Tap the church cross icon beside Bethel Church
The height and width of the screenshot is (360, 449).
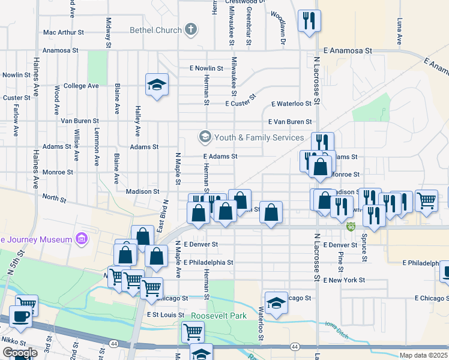[191, 29]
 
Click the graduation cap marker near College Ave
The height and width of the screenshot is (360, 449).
[157, 85]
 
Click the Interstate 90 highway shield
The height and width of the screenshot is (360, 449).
[351, 227]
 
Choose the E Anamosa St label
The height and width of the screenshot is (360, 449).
[348, 52]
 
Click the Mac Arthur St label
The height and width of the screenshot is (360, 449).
[65, 32]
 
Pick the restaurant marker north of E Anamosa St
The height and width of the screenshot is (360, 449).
[310, 22]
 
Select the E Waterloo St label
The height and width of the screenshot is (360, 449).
[292, 104]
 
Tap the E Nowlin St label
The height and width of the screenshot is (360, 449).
[206, 68]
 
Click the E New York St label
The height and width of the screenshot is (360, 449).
[344, 280]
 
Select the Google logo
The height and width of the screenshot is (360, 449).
[19, 353]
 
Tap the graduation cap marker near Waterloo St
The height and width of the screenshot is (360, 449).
[276, 304]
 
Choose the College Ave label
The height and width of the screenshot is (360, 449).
[81, 86]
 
